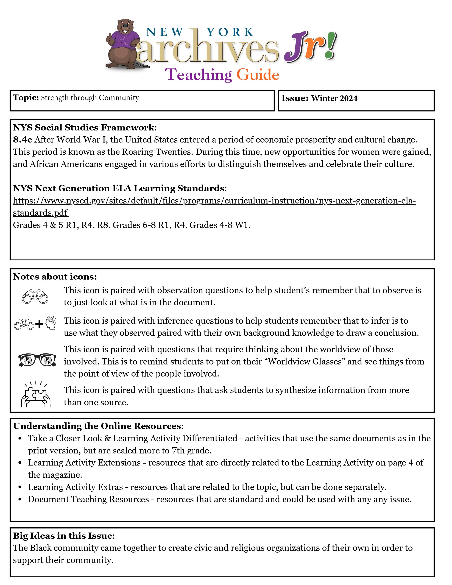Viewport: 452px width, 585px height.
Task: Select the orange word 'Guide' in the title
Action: (258, 75)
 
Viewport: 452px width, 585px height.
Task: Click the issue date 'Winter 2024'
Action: (334, 98)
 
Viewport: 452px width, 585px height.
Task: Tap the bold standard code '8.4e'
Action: (23, 140)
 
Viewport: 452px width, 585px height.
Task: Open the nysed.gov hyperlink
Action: (214, 201)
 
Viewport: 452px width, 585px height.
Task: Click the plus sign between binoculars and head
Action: (39, 324)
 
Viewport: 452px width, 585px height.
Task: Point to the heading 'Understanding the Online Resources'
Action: (97, 426)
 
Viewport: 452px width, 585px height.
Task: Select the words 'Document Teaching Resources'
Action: (88, 499)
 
